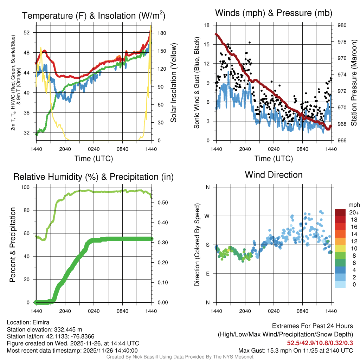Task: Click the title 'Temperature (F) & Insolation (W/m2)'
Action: coord(94,16)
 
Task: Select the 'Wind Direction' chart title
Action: coord(274,175)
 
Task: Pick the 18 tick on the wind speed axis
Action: coord(207,25)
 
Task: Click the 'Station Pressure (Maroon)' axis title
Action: coord(354,83)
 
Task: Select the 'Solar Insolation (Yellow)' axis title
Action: coord(173,83)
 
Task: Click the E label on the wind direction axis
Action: coord(208,274)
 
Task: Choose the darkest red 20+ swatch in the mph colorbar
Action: coord(341,212)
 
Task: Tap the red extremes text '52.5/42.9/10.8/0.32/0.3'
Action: coord(320,343)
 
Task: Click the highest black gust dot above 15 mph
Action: coord(250,42)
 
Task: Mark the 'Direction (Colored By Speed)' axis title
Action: coord(197,245)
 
